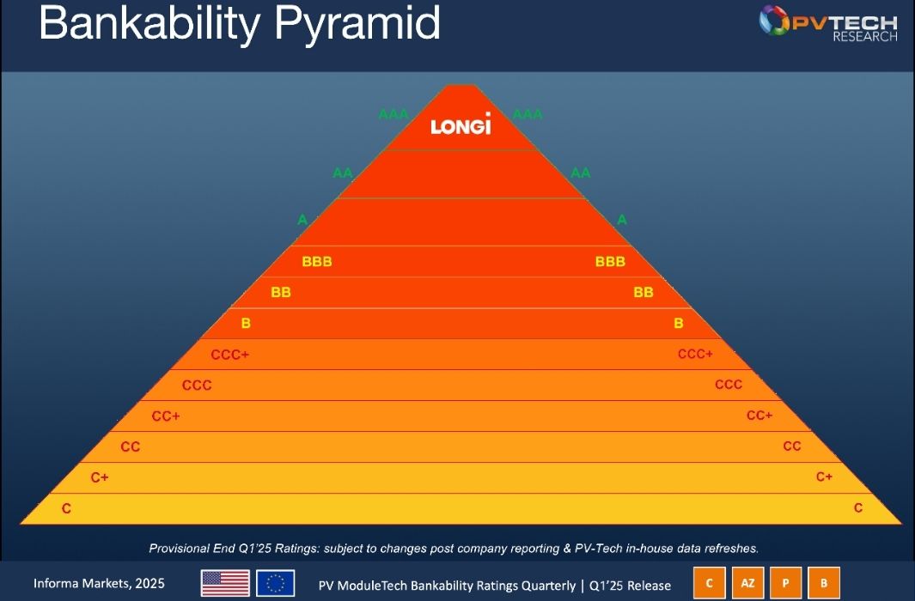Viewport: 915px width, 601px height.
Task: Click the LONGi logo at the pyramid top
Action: coord(461,126)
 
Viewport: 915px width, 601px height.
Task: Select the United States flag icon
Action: coord(225,583)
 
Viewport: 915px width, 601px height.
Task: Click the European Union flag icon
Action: coord(276,583)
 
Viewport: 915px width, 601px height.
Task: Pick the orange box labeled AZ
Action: coord(747,583)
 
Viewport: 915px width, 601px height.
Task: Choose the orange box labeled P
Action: coord(786,583)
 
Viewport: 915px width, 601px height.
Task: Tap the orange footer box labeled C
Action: coord(710,583)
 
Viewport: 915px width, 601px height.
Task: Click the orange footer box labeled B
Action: coord(824,583)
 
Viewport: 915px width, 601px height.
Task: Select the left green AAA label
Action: coord(393,114)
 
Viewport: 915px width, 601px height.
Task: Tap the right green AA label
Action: coord(580,173)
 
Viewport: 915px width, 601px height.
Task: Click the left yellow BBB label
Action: coord(317,262)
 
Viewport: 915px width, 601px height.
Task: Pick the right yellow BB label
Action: coord(643,292)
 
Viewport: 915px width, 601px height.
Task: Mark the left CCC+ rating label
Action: coord(230,355)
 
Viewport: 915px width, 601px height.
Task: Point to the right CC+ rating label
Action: coord(759,415)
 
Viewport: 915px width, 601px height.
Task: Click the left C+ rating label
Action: coord(100,477)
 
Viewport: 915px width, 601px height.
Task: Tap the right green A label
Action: coord(622,220)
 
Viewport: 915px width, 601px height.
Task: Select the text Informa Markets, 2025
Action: coord(99,584)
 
